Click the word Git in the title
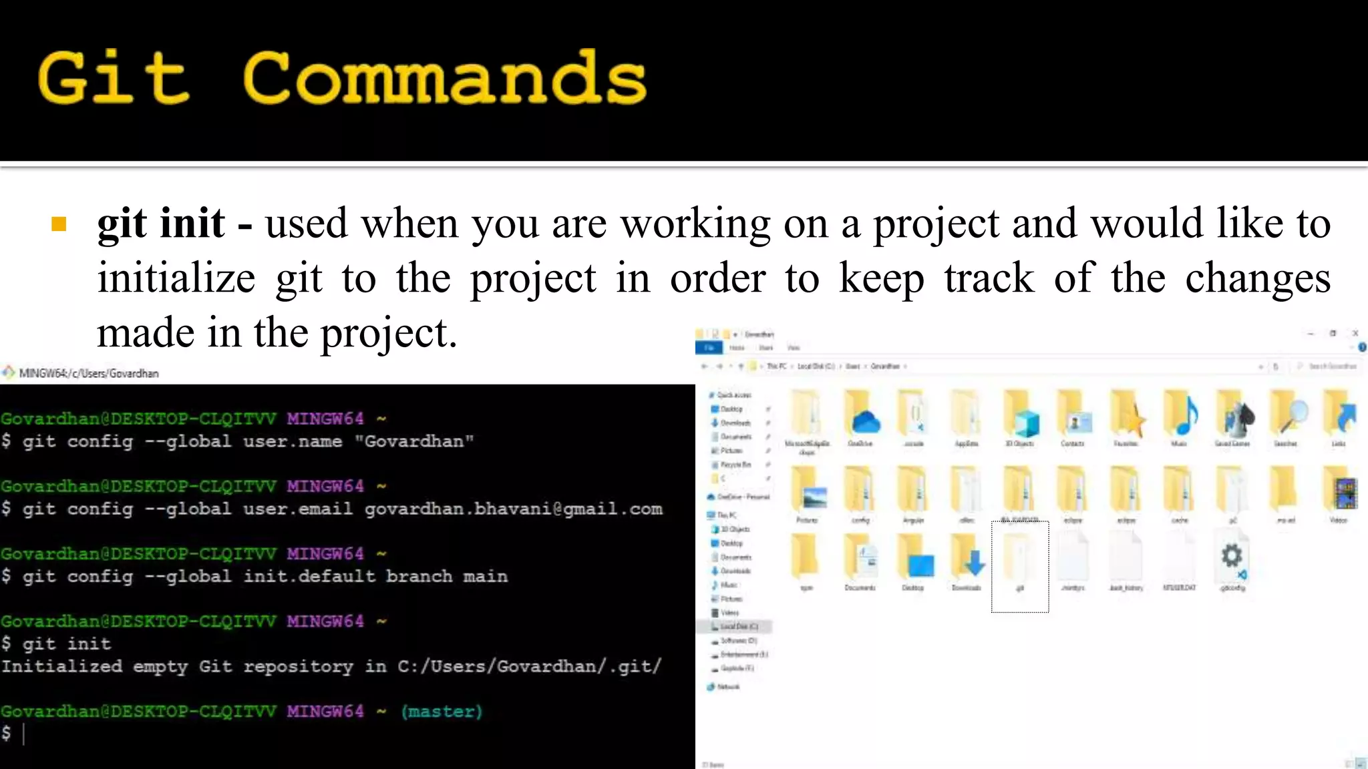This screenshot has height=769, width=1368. (114, 78)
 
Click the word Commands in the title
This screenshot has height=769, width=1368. (445, 78)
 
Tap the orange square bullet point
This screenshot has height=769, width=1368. (59, 224)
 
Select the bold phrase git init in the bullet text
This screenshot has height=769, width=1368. (160, 223)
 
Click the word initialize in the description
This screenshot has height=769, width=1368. (176, 278)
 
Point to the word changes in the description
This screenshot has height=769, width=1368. (1257, 278)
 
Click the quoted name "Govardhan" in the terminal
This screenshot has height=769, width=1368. (413, 441)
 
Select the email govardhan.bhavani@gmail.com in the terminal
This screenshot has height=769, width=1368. (513, 509)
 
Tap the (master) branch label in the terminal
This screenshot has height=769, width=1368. (442, 711)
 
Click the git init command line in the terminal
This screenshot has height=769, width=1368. (66, 644)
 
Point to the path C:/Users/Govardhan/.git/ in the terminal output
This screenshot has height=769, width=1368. (529, 666)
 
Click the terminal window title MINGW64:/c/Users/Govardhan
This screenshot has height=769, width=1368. (89, 373)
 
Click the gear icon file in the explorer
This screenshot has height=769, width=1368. (1232, 557)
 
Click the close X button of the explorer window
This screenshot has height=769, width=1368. (1355, 333)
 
